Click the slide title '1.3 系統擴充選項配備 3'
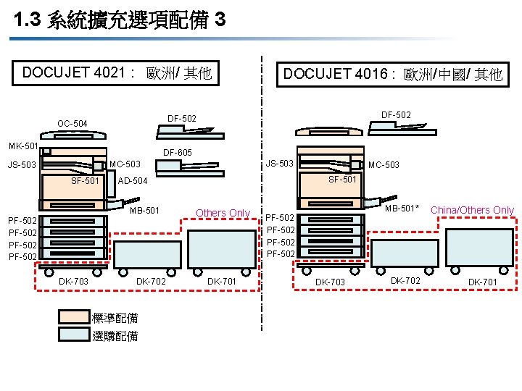point(120,20)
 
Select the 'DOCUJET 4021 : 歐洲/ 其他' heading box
point(117,73)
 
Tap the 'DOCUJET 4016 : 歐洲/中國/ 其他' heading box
point(392,75)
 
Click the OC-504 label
point(72,124)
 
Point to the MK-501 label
point(22,147)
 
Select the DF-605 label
point(177,153)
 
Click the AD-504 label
point(132,181)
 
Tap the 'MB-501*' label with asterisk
point(402,209)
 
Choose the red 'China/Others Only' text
point(472,211)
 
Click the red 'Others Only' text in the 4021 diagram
point(223,213)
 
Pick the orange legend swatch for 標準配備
point(73,317)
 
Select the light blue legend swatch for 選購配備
point(73,335)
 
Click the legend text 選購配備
point(115,336)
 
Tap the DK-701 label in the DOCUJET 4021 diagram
point(222,281)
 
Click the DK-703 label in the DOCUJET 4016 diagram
point(329,282)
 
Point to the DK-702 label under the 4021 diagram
point(151,281)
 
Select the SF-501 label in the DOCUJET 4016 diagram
point(342,180)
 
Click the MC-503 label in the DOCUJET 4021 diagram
point(125,164)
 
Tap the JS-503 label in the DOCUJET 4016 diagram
point(278,163)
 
